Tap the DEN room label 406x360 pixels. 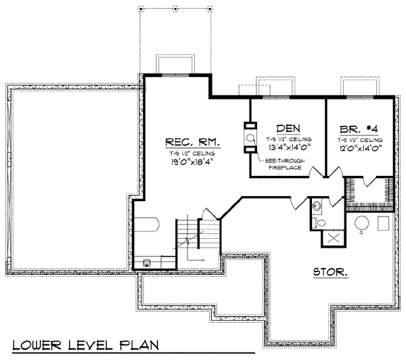(x=288, y=129)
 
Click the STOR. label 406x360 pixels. (x=330, y=273)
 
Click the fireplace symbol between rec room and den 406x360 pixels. (x=250, y=139)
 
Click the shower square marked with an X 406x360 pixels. (x=331, y=236)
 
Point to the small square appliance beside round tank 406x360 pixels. (x=384, y=223)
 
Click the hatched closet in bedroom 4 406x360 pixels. (x=369, y=191)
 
